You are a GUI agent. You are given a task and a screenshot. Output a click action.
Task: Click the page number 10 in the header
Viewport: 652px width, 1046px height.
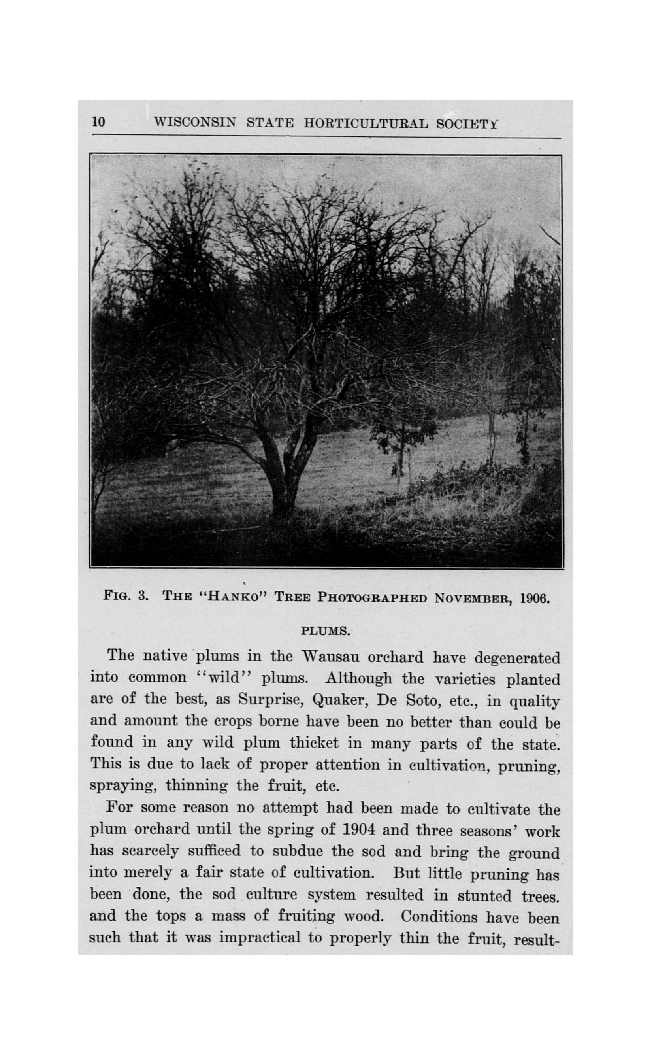[99, 122]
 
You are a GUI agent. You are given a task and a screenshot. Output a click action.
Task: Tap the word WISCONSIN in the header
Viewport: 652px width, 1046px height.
[195, 123]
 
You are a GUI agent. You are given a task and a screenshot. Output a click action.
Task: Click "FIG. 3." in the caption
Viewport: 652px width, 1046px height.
[126, 597]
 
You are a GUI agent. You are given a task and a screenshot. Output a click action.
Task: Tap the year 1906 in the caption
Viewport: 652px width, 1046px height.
[535, 599]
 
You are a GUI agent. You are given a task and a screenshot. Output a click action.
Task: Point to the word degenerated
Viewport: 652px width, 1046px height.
[517, 658]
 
